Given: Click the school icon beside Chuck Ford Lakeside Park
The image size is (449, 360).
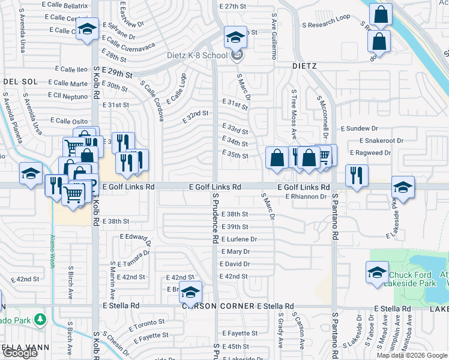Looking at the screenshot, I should pos(377,272).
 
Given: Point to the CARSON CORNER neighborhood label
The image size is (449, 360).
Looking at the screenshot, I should pos(218,306).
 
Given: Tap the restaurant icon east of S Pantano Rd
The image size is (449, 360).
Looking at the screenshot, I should pos(357,176).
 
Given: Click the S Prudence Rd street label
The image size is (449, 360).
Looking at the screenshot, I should pos(214,217).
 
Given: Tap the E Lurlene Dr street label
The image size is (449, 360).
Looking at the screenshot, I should pos(239,239).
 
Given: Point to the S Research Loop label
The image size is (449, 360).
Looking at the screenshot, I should pos(327,17).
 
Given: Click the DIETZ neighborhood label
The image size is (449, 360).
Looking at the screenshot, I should pos(304,65).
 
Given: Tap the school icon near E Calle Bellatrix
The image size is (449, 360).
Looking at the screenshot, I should pos(87,29).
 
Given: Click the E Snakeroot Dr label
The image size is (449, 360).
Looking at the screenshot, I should pos(384,140).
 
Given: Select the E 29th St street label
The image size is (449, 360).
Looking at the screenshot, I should pos(117,72).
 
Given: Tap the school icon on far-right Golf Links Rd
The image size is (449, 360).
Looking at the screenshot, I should pos(403,187).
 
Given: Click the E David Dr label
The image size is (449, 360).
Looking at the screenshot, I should pos(235,264).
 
